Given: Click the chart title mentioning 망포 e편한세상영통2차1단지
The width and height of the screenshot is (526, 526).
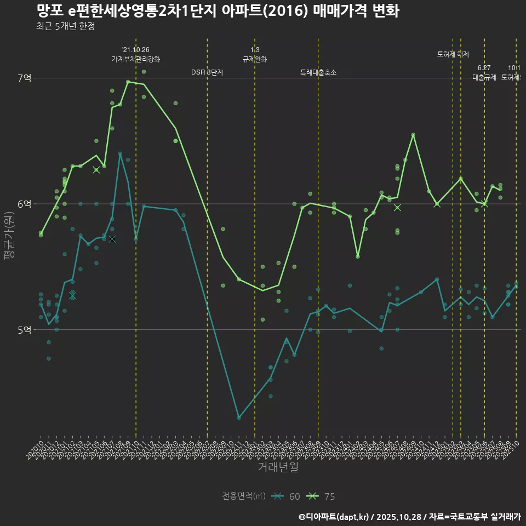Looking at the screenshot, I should pos(218,11).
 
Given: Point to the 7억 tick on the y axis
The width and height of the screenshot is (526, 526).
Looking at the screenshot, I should pos(25,78).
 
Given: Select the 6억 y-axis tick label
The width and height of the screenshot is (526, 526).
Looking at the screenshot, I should pos(25,204).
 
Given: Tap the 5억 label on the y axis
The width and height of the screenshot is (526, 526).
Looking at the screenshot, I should pos(25,330).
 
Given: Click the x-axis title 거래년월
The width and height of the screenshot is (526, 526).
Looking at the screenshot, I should pos(278,467).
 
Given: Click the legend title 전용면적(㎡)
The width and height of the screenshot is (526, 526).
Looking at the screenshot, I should pos(244,496).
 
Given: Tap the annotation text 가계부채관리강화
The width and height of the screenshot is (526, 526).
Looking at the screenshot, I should pos(136,59).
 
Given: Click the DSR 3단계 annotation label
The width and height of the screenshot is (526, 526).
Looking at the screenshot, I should pos(207,72).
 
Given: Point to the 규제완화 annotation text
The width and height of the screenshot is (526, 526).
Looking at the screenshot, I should pos(255,59).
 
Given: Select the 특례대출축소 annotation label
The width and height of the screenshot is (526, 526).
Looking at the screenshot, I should pos(318,72).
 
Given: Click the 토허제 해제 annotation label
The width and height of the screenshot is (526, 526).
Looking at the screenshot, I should pos(453,54).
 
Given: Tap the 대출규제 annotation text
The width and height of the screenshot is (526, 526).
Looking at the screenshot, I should pos(484,77).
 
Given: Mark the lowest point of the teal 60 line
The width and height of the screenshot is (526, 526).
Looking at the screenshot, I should pos(239,418).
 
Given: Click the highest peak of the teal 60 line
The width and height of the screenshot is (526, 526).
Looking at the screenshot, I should pos(120,154).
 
